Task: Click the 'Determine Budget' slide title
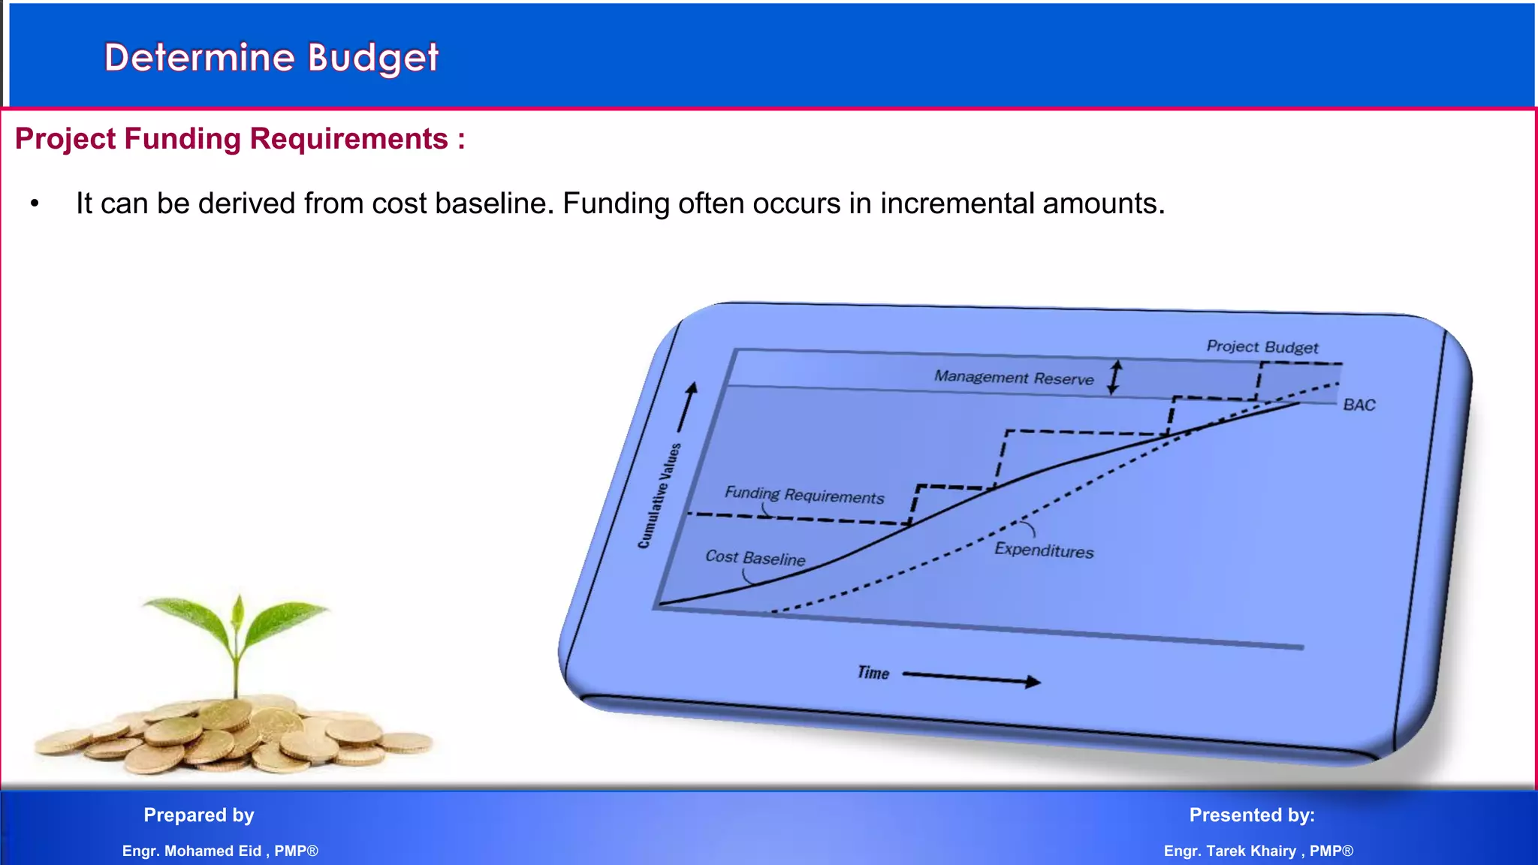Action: click(271, 58)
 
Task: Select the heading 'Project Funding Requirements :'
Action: click(240, 139)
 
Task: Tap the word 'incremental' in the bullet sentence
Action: click(957, 203)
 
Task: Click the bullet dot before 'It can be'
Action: click(35, 203)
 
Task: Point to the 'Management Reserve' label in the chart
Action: click(1013, 377)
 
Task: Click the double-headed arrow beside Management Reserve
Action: click(1115, 377)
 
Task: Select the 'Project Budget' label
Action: click(1262, 347)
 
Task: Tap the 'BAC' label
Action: click(1359, 405)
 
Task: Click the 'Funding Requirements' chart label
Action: click(804, 495)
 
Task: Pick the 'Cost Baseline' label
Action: click(755, 558)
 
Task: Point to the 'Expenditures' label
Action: click(1044, 550)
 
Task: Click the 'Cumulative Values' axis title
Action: click(659, 496)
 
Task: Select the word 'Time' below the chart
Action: click(873, 673)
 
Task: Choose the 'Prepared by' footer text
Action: click(199, 815)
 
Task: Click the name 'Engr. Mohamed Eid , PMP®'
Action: click(220, 851)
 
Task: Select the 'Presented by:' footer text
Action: click(1252, 815)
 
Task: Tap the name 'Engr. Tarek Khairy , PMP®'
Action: click(1258, 851)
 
